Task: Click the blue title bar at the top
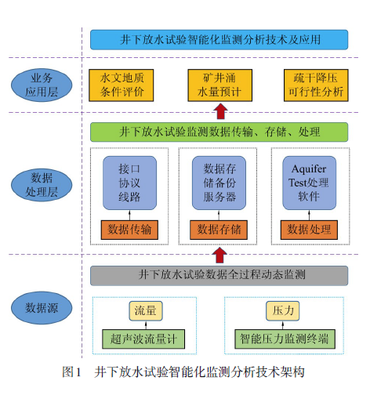pyautogui.click(x=219, y=40)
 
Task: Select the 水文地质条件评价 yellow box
pyautogui.click(x=122, y=85)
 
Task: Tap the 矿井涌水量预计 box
pyautogui.click(x=220, y=85)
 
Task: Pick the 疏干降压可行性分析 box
pyautogui.click(x=316, y=85)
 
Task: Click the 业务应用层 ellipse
pyautogui.click(x=42, y=85)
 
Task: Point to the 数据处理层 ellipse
pyautogui.click(x=42, y=185)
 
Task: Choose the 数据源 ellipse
pyautogui.click(x=42, y=308)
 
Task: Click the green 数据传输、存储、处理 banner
pyautogui.click(x=219, y=132)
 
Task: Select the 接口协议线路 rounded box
pyautogui.click(x=129, y=183)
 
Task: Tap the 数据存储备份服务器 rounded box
pyautogui.click(x=219, y=183)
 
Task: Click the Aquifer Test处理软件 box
pyautogui.click(x=310, y=183)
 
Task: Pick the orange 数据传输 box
pyautogui.click(x=129, y=230)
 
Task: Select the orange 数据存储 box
pyautogui.click(x=219, y=230)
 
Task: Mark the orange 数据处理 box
pyautogui.click(x=309, y=230)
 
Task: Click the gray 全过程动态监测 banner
pyautogui.click(x=219, y=276)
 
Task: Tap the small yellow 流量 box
pyautogui.click(x=146, y=311)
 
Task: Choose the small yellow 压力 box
pyautogui.click(x=283, y=311)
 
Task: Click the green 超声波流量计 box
pyautogui.click(x=143, y=339)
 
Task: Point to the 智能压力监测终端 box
pyautogui.click(x=285, y=339)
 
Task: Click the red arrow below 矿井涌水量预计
pyautogui.click(x=221, y=111)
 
